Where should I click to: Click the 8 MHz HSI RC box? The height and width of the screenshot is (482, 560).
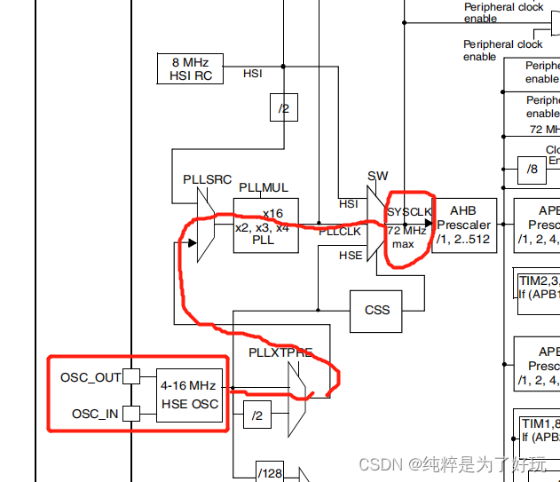[x=189, y=68]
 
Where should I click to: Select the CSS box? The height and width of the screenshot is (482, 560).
[x=377, y=310]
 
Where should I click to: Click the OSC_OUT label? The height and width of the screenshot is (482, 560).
[x=91, y=377]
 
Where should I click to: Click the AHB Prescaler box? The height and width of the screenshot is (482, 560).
[x=463, y=225]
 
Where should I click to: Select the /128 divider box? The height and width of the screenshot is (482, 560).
[x=269, y=472]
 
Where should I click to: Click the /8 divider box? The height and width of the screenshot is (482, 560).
[x=532, y=169]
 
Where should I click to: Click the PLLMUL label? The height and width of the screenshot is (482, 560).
[x=263, y=187]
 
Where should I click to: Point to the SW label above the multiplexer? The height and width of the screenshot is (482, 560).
[x=377, y=176]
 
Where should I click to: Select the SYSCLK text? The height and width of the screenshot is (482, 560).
[x=409, y=212]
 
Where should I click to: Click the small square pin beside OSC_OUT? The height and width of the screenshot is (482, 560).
[x=131, y=376]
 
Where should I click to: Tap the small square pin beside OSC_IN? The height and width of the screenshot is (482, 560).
[x=131, y=413]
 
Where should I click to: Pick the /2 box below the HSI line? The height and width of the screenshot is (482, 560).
[x=283, y=108]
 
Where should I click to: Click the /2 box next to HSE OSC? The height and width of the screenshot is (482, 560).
[x=256, y=414]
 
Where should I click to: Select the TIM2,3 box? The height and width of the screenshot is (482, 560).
[x=539, y=287]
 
